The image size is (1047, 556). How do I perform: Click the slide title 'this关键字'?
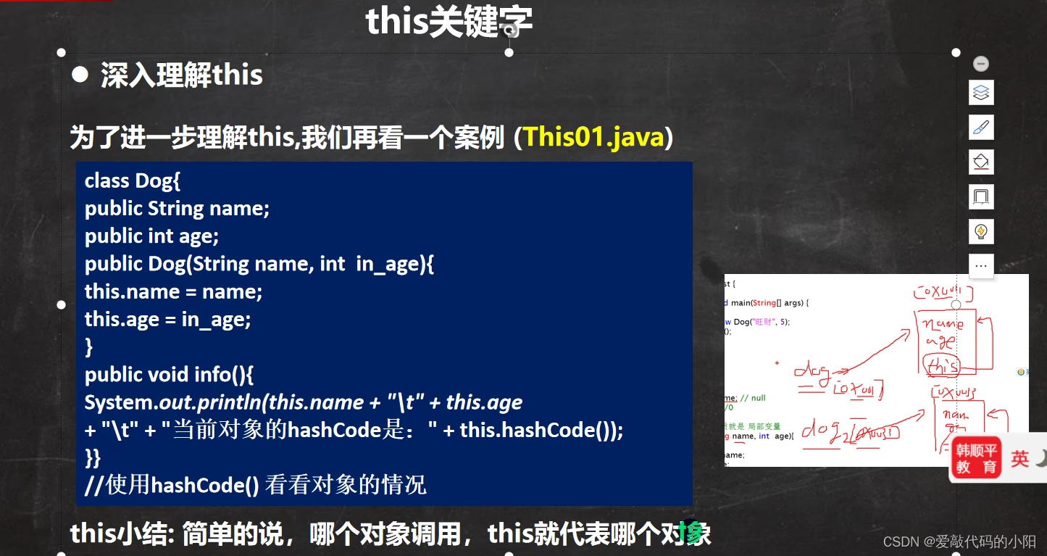[449, 22]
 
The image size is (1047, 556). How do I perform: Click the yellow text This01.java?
[593, 137]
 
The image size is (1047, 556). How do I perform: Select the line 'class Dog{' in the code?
[132, 181]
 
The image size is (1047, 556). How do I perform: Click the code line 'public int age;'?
[151, 236]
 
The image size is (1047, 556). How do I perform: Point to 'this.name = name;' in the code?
[173, 291]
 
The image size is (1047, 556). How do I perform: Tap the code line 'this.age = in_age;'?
[167, 319]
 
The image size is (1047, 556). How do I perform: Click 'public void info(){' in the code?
[168, 375]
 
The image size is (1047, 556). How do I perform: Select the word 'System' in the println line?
[115, 402]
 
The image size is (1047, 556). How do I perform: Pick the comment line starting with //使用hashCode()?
[255, 485]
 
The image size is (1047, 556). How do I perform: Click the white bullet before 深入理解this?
[80, 74]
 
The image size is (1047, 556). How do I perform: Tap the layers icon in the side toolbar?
[981, 93]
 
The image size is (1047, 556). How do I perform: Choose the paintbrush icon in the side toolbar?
[981, 128]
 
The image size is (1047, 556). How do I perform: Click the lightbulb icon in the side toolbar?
[981, 232]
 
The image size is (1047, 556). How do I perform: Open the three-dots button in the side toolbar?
[981, 266]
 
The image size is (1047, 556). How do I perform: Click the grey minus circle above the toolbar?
[981, 64]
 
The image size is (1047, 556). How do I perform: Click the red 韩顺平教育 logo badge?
[976, 458]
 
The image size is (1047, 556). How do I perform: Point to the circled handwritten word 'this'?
[941, 365]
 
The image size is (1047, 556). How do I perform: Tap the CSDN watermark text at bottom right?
[959, 542]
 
